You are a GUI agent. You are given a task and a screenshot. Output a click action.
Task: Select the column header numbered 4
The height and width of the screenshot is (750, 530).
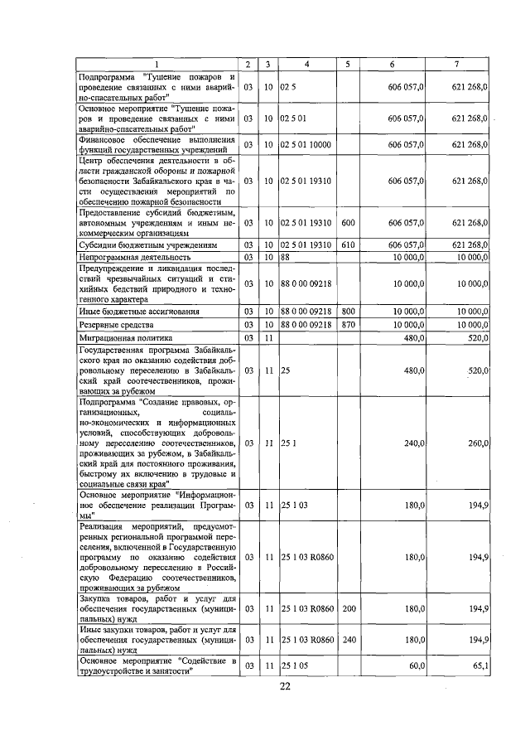point(306,65)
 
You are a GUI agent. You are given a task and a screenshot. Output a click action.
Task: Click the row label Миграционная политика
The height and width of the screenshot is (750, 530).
point(126,338)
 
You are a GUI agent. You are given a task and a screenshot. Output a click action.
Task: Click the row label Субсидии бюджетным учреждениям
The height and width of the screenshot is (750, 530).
point(147,245)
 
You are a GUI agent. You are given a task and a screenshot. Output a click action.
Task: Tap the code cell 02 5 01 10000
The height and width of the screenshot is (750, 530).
point(306,145)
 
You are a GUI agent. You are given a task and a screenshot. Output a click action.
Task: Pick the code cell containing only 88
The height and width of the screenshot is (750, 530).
point(285,258)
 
